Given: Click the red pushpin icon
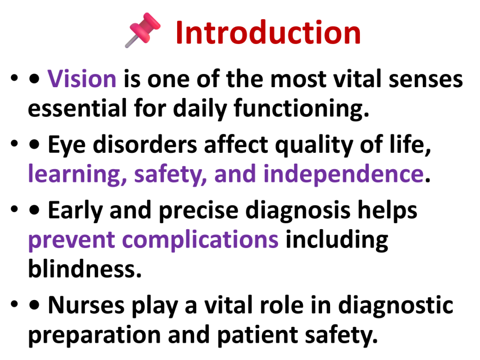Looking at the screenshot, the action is tap(143, 30).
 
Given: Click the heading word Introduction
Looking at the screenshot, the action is tap(268, 32).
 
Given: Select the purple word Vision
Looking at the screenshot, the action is tap(82, 79).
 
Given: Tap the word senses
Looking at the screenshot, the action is tap(426, 79).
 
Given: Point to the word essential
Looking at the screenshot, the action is tap(77, 108).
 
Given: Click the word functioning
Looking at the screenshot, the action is tap(301, 109).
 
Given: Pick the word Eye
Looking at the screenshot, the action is tap(67, 145).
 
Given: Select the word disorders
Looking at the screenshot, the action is tap(145, 144).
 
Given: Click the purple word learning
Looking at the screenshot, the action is tap(77, 174).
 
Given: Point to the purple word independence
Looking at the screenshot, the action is tap(344, 174).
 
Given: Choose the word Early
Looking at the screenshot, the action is tap(75, 210).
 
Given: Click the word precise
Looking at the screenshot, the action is tap(199, 211).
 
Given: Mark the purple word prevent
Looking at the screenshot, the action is tap(72, 240).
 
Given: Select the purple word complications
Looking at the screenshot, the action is tap(201, 240).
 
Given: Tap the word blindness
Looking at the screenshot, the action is tap(85, 269).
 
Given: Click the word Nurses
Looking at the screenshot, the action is tap(86, 305).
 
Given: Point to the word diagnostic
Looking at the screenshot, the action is tap(396, 306).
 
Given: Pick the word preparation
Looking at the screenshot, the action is tap(94, 335).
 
